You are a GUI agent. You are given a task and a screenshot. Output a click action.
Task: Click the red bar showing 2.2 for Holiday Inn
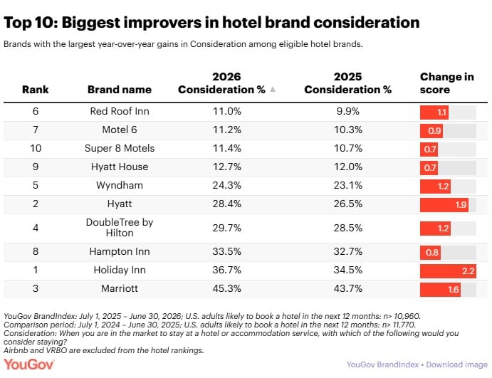pos(448,271)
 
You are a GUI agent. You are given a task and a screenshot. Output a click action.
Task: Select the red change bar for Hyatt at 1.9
pos(444,205)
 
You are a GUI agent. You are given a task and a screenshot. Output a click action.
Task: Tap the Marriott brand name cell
pos(120,288)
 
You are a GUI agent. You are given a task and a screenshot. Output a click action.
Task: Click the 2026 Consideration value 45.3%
pos(227,288)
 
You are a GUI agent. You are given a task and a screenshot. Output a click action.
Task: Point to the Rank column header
pos(36,90)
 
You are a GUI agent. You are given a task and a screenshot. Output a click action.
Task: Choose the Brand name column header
pos(120,90)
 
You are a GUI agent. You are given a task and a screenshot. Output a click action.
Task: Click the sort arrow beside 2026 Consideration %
pos(273,90)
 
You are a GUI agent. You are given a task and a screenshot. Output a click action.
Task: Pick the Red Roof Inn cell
pos(120,111)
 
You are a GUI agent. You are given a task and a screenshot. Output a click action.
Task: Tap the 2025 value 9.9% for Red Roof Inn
pos(347,111)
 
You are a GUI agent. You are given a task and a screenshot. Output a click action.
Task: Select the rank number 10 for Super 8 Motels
pos(36,148)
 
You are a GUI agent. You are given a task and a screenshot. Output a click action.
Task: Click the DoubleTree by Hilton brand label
pos(120,227)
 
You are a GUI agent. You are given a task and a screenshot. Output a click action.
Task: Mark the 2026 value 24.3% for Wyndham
pos(227,185)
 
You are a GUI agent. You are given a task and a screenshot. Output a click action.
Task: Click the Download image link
pos(456,364)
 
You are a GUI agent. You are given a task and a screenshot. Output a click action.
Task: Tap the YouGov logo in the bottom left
pos(29,364)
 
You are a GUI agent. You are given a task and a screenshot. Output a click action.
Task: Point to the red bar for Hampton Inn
pos(430,253)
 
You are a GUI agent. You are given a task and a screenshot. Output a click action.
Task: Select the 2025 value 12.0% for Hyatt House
pos(347,167)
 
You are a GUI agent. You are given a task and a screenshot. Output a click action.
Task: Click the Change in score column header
pos(447,83)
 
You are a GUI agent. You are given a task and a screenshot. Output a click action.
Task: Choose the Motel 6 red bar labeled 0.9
pos(431,131)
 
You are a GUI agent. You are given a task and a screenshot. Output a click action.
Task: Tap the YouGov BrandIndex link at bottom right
pos(382,364)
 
